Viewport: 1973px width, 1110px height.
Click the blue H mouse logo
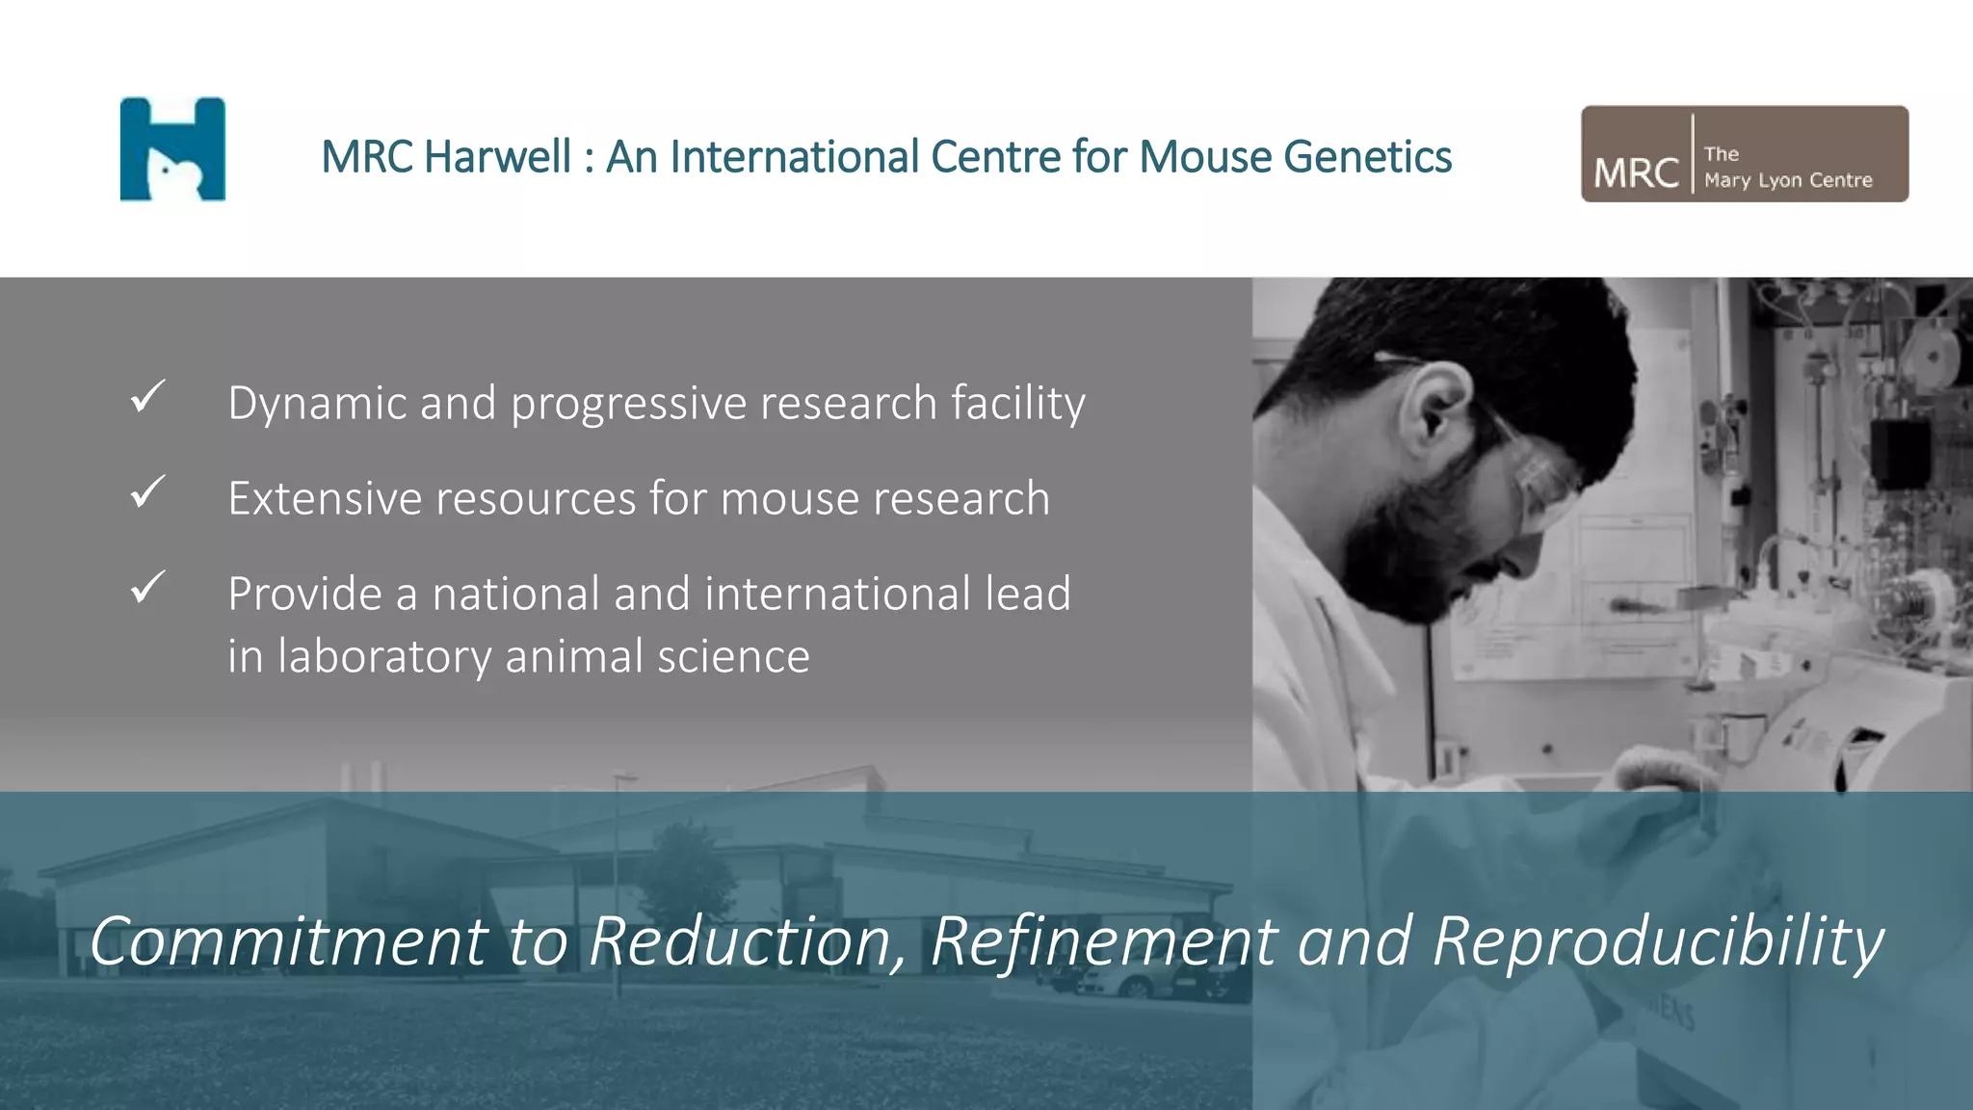(172, 149)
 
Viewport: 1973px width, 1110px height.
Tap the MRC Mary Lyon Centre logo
(1744, 154)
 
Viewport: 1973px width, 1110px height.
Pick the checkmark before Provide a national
(147, 587)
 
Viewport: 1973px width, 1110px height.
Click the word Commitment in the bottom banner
(288, 941)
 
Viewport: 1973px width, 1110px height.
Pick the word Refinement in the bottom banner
(1104, 941)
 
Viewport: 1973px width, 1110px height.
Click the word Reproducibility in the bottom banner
(1657, 941)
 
